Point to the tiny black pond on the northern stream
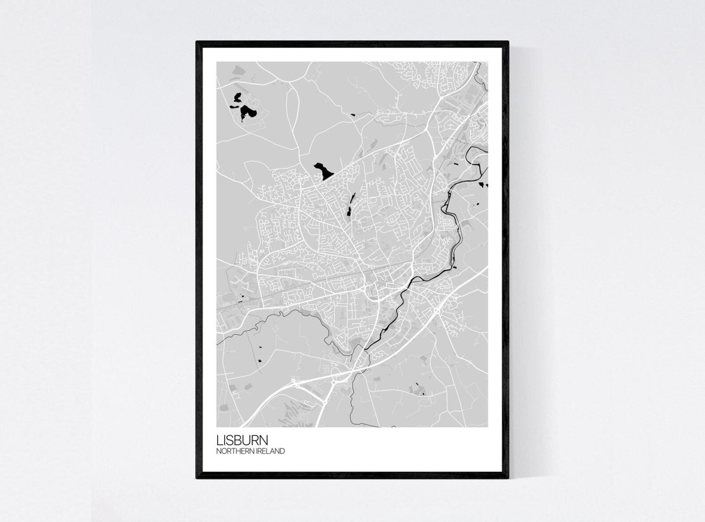(353, 115)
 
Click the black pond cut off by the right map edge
(485, 185)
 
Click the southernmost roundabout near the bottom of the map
(325, 402)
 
